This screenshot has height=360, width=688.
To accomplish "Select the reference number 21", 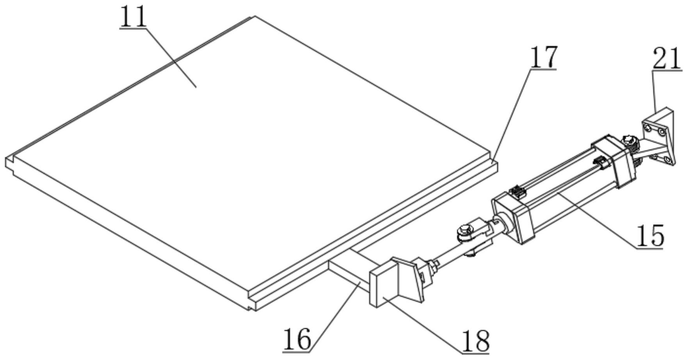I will click(667, 59).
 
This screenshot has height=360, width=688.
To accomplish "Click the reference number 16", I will click(297, 339).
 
